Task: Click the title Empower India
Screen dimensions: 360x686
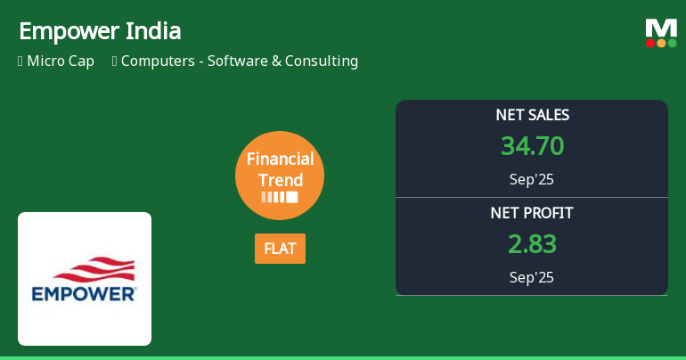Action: point(100,31)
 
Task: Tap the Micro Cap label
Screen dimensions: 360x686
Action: point(60,61)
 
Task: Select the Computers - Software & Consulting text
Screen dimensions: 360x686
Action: point(239,61)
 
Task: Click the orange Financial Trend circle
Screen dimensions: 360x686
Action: point(280,176)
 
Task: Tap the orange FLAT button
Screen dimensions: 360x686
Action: point(280,249)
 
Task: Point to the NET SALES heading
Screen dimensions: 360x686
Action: point(532,115)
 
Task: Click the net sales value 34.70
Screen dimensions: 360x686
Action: point(532,146)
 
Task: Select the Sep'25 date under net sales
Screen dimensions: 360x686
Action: point(532,179)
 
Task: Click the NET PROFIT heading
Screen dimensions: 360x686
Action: point(532,213)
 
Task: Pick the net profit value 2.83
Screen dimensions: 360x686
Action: point(532,244)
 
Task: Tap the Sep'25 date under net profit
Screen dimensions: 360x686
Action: point(532,277)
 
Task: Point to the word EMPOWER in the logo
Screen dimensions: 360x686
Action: point(84,292)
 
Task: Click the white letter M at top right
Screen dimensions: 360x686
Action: point(661,28)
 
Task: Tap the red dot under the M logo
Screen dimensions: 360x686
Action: point(650,43)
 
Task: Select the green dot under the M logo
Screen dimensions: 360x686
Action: point(672,43)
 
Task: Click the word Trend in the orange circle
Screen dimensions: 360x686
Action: point(280,179)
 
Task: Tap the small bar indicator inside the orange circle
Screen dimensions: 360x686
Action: point(280,197)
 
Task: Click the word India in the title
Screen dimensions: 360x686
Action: point(157,31)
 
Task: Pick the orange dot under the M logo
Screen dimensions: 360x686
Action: point(661,43)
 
